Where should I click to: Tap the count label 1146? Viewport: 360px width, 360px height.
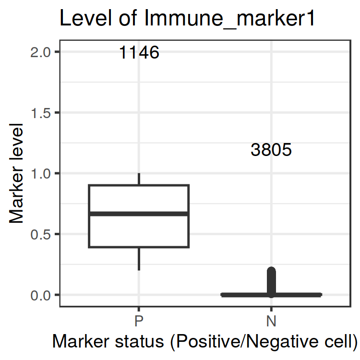click(139, 52)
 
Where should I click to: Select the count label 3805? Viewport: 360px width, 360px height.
click(271, 150)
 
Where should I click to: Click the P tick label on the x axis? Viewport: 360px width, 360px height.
click(139, 320)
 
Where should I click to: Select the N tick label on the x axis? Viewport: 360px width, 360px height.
click(271, 320)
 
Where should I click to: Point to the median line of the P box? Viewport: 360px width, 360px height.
click(139, 214)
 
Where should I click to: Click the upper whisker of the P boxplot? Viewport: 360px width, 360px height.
click(139, 179)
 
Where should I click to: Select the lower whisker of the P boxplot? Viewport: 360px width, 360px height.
click(139, 258)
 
